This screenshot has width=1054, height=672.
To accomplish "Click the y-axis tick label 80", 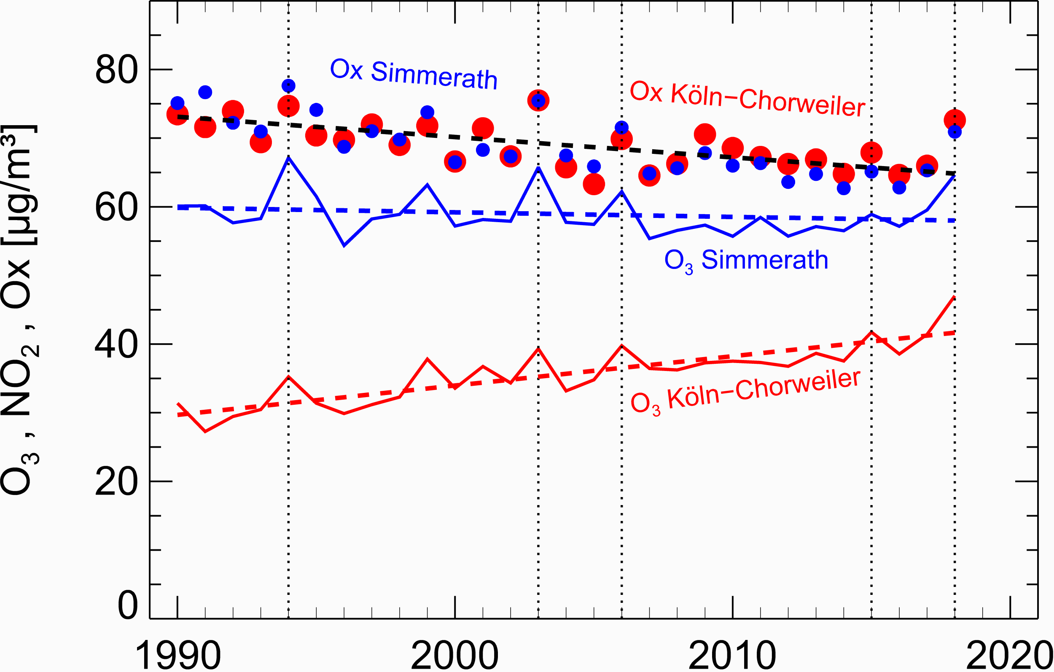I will (x=116, y=70).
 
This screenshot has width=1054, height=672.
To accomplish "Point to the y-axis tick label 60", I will (x=116, y=208).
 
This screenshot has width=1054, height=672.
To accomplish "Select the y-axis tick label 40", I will (x=116, y=345).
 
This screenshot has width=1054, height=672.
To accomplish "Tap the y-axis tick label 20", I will (x=116, y=482).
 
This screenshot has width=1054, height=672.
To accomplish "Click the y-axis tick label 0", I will (x=128, y=605).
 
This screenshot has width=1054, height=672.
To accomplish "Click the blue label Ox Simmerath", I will (x=414, y=75).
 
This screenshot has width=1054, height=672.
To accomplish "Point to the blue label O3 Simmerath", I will (x=746, y=261).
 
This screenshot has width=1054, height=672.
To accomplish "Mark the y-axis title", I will (x=20, y=311).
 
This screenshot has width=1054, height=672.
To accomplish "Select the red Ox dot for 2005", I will (x=594, y=184).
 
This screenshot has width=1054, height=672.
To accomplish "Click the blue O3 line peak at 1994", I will (x=288, y=158).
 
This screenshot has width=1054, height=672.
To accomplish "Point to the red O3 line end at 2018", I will (x=955, y=297).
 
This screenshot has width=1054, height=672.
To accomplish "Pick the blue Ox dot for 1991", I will (x=205, y=92).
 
